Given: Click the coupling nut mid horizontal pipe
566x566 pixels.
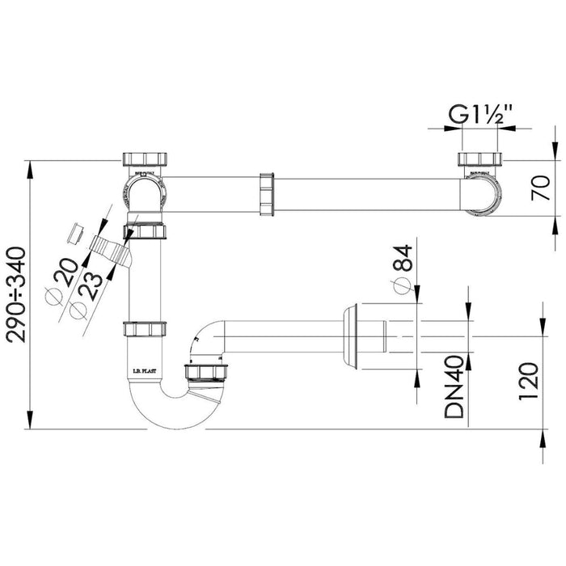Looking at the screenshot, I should click(266, 195).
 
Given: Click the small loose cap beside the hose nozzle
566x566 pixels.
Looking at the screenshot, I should click(75, 232).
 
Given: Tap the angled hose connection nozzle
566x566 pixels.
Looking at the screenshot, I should click(109, 248).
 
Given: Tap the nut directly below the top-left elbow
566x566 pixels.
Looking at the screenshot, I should click(146, 233).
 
